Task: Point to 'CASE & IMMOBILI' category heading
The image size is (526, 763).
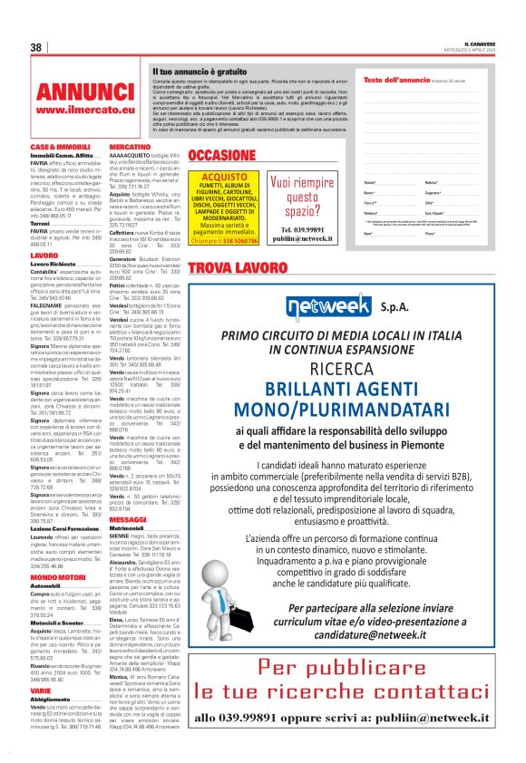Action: [61, 147]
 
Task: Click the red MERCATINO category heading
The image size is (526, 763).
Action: [130, 147]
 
